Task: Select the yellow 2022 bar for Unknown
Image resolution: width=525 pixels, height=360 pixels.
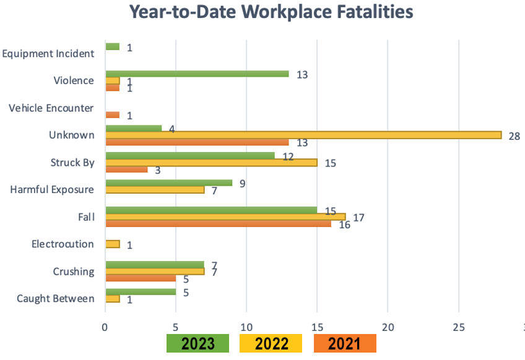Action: tap(303, 135)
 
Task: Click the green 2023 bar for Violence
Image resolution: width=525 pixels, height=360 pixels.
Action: tap(197, 74)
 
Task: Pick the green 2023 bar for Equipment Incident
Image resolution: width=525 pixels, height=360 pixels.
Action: tap(113, 46)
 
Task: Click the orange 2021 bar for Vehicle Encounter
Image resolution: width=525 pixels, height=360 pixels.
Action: tap(113, 115)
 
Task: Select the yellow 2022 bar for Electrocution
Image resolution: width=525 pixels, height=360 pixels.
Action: tap(113, 244)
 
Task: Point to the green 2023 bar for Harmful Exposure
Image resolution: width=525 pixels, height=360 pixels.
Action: tap(169, 182)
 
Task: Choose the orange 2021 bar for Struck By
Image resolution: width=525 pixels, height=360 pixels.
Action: tap(127, 169)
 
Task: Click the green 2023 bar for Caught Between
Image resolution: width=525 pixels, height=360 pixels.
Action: tap(141, 292)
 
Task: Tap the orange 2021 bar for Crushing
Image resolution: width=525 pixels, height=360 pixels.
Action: tap(141, 278)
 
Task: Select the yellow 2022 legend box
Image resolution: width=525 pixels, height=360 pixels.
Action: tap(271, 344)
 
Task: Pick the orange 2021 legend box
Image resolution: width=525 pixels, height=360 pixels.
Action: tap(345, 344)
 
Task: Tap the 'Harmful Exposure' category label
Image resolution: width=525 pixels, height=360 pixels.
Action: tap(53, 189)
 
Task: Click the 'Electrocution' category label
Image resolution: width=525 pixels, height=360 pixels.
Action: tap(63, 244)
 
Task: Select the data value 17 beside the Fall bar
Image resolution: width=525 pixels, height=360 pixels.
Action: tap(357, 217)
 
